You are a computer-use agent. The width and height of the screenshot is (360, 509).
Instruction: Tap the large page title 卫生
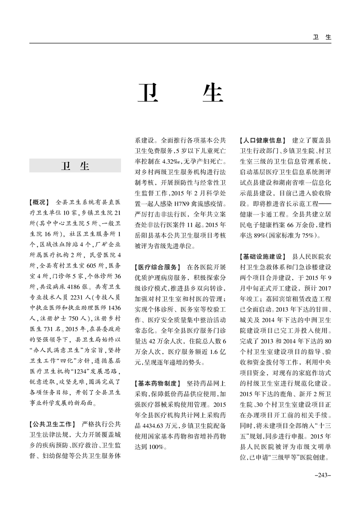[x=180, y=93]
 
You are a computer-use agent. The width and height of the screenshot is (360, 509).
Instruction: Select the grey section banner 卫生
[x=75, y=166]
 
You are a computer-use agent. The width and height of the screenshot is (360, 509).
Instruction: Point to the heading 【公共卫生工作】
[x=51, y=425]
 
